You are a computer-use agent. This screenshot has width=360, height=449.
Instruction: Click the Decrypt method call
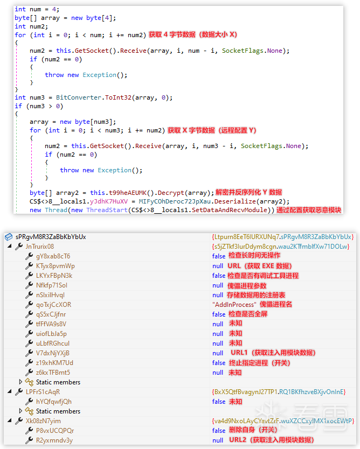(x=171, y=193)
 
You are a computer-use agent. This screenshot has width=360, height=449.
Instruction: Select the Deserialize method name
(x=235, y=201)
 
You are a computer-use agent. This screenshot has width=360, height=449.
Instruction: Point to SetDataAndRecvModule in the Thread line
(x=229, y=210)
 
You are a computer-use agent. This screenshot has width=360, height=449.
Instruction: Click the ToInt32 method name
(x=118, y=97)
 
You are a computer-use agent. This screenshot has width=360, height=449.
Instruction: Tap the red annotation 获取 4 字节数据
(x=172, y=34)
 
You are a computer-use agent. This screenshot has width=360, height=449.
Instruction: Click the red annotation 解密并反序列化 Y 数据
(x=248, y=192)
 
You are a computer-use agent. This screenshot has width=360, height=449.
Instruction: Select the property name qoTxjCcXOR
(x=53, y=305)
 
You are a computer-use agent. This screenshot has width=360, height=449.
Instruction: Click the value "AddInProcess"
(x=234, y=305)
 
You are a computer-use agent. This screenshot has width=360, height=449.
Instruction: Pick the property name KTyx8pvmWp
(x=56, y=266)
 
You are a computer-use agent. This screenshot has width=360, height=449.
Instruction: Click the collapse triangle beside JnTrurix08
(x=10, y=246)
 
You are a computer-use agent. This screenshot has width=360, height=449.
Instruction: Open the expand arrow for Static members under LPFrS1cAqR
(x=20, y=411)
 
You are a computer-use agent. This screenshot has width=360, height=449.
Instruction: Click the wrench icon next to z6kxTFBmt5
(x=29, y=372)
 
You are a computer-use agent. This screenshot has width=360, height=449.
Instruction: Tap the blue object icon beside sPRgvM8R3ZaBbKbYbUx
(x=9, y=237)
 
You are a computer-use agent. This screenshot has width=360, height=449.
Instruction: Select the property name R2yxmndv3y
(x=54, y=440)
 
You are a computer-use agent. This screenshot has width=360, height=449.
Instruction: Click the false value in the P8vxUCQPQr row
(x=219, y=431)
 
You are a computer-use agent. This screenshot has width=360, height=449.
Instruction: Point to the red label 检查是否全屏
(x=248, y=314)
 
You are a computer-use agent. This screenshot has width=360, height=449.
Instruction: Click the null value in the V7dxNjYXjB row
(x=218, y=353)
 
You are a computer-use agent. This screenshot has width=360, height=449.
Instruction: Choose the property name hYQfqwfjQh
(x=54, y=402)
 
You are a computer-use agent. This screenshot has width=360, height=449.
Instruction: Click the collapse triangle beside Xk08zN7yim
(x=10, y=420)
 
